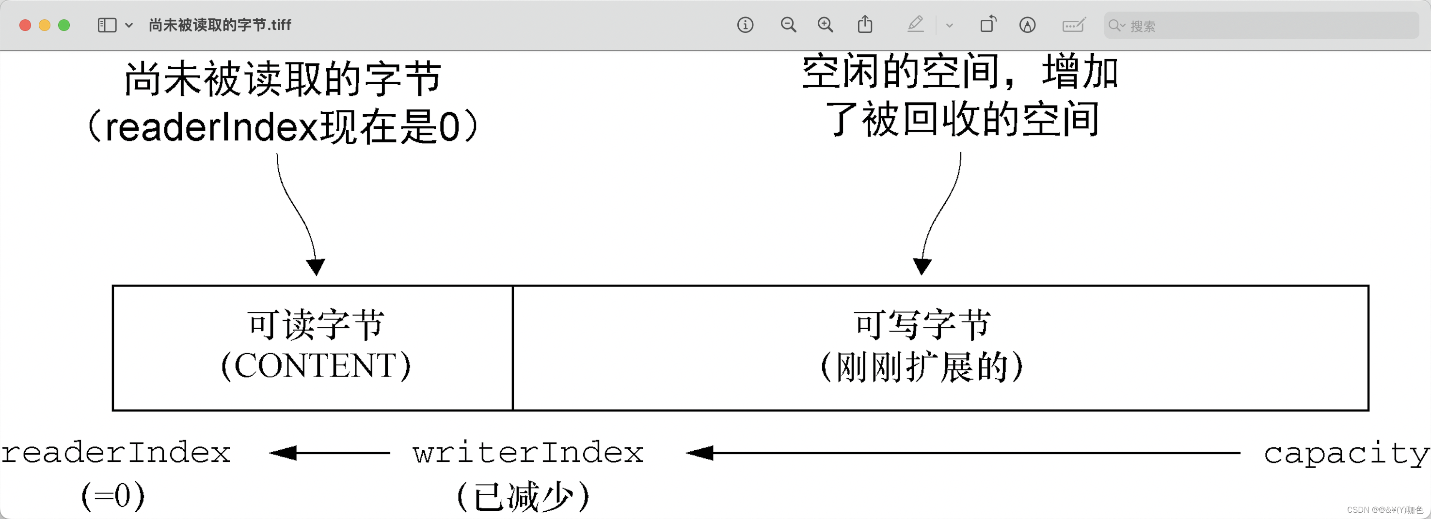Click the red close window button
click(x=25, y=25)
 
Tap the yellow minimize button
click(x=45, y=25)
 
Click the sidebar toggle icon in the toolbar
click(x=107, y=25)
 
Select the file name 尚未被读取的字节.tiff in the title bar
click(x=220, y=25)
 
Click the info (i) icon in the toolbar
click(x=745, y=25)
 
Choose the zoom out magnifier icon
click(x=788, y=25)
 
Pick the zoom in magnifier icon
click(x=825, y=25)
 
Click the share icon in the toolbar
click(x=865, y=25)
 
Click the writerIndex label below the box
click(x=528, y=452)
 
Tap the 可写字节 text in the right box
click(x=922, y=325)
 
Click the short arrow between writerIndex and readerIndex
click(x=330, y=453)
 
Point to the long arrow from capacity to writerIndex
click(x=963, y=453)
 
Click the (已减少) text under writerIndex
click(x=523, y=496)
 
